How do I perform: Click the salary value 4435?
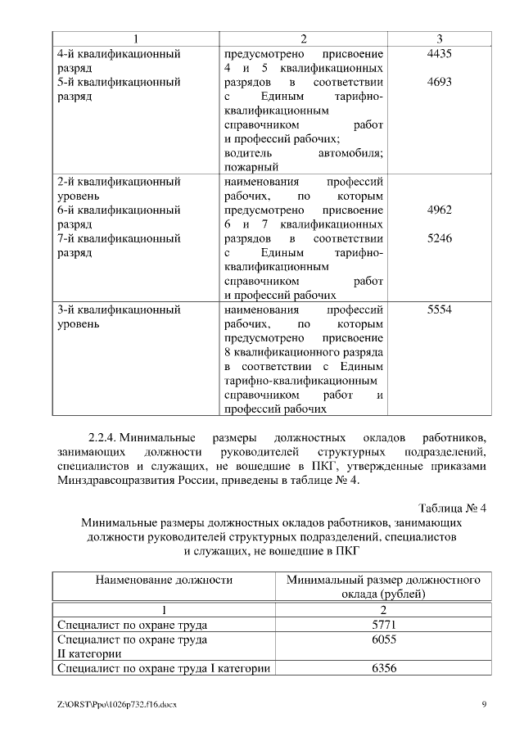[440, 53]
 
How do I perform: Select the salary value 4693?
[440, 83]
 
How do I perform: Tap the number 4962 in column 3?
[440, 210]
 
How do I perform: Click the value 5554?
[440, 310]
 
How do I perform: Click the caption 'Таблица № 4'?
[453, 508]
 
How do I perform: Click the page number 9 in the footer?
[484, 705]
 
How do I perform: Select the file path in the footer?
[117, 705]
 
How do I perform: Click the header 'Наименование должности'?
[164, 580]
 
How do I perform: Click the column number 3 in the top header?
[440, 38]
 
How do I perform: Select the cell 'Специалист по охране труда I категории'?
[164, 669]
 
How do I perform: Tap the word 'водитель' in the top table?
[245, 152]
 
